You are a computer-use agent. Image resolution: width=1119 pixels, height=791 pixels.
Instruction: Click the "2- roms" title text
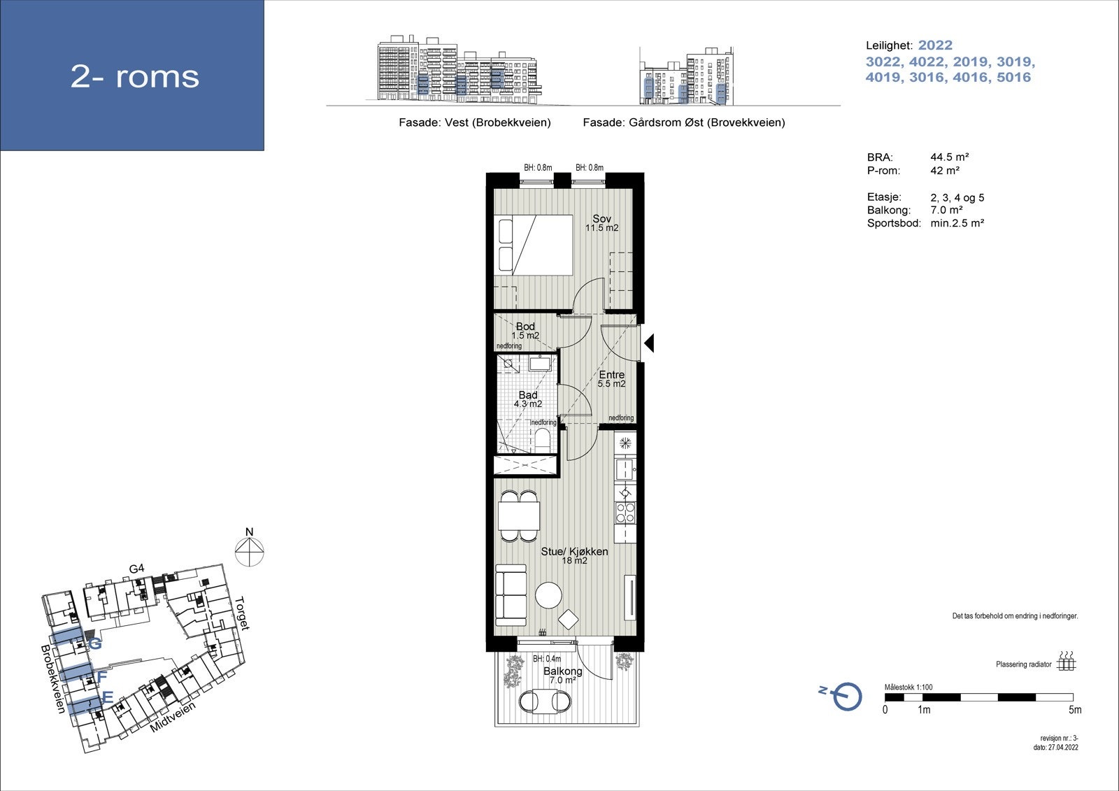pos(135,76)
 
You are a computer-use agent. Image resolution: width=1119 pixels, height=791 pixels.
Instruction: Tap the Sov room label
pos(602,219)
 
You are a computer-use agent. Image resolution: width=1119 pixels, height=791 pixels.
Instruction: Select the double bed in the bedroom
pos(533,245)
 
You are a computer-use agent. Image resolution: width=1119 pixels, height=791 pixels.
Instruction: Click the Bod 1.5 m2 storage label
pos(525,331)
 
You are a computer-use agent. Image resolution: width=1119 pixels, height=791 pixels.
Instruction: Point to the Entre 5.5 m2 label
pos(611,379)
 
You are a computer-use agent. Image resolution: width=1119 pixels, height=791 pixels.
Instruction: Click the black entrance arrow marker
pos(649,343)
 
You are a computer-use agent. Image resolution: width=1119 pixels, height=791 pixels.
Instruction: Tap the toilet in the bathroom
pos(542,439)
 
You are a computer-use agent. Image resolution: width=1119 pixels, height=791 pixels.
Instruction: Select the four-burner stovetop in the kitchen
pos(625,513)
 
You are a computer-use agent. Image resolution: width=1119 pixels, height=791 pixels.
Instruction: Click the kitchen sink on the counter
pos(625,469)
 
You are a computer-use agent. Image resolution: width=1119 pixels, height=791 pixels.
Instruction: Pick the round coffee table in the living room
pos(548,595)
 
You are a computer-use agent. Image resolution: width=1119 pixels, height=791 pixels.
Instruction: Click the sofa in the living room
pos(511,595)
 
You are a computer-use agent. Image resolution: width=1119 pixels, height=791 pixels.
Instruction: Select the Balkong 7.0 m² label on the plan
pos(562,676)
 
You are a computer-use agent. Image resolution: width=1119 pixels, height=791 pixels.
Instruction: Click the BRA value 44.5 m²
pos(950,157)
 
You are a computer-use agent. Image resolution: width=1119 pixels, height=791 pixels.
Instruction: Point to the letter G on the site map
pos(95,644)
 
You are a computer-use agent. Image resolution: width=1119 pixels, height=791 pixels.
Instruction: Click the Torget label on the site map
pos(242,613)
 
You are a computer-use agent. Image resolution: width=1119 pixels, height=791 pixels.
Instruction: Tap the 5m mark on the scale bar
pos(1075,710)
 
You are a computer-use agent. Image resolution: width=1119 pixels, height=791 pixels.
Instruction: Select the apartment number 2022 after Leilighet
pos(935,45)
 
